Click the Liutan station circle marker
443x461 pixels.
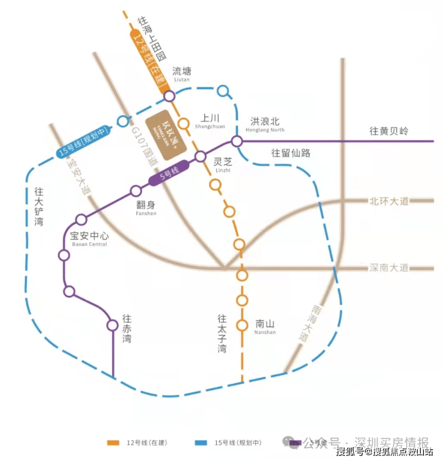coord(169,96)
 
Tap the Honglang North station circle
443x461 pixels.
coord(237,141)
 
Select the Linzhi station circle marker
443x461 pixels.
coord(201,157)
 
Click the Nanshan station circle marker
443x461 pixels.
coord(242,325)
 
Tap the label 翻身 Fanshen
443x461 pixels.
coord(145,206)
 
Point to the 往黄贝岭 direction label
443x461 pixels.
coord(389,131)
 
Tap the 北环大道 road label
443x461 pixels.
coord(389,201)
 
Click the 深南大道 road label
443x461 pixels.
coord(389,267)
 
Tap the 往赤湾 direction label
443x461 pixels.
coord(126,328)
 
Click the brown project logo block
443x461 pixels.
coord(168,132)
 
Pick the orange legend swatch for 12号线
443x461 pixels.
coord(112,443)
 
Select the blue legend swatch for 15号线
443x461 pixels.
coord(201,443)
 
